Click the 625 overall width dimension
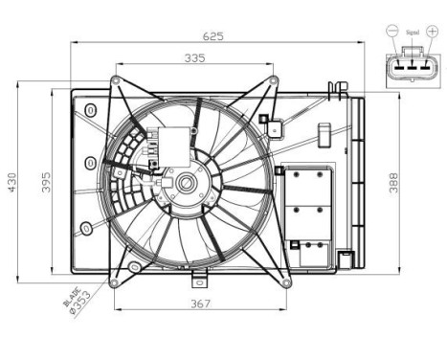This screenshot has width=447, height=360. pos(212,36)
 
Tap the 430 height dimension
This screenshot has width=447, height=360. pos(11,183)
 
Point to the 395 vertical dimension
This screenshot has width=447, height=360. pos(45,183)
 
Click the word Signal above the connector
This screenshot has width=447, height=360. pos(413,32)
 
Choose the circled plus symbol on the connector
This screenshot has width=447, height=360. pos(434,32)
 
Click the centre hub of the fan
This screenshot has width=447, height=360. pos(184,183)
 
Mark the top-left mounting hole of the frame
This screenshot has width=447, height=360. pos(116,79)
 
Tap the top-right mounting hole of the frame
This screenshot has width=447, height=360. pos(275,79)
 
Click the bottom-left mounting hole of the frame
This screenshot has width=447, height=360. pos(114,281)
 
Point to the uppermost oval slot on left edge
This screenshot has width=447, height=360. pos(89,111)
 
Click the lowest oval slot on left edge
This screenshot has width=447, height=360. pos(87,229)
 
